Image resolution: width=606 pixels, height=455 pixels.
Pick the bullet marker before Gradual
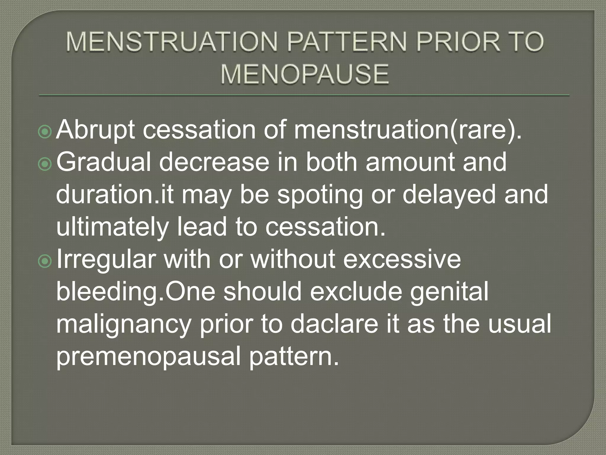tap(45, 164)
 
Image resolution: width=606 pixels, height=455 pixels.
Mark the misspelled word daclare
tap(334, 324)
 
